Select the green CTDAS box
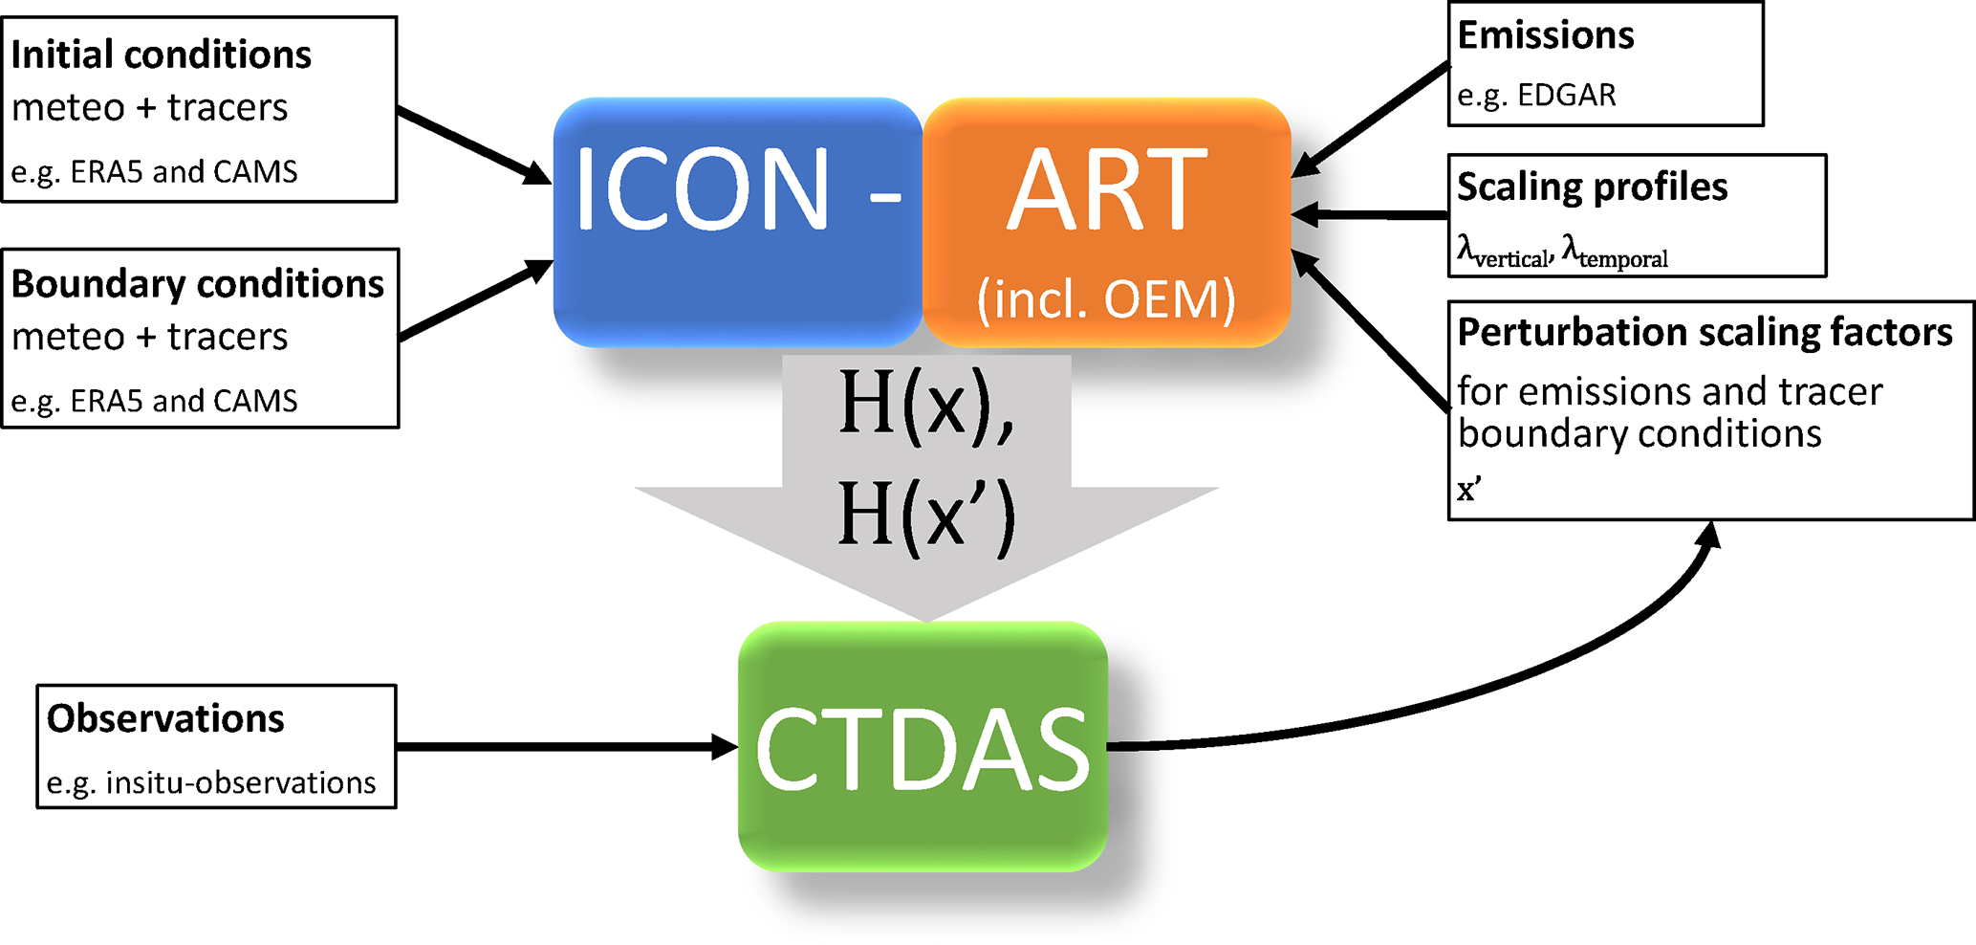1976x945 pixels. click(923, 747)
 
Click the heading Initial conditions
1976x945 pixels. click(161, 55)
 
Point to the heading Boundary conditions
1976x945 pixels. click(197, 284)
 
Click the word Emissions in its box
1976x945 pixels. click(1545, 35)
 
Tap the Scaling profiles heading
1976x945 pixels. click(1592, 187)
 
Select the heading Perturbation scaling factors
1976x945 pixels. click(1705, 333)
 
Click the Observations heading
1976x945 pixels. click(165, 718)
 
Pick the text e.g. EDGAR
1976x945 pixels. click(1536, 95)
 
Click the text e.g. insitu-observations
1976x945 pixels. click(211, 782)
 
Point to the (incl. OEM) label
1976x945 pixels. click(1106, 299)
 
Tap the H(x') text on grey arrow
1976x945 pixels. click(925, 516)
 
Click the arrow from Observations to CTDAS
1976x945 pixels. click(564, 746)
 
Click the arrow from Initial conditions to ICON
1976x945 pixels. click(473, 145)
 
